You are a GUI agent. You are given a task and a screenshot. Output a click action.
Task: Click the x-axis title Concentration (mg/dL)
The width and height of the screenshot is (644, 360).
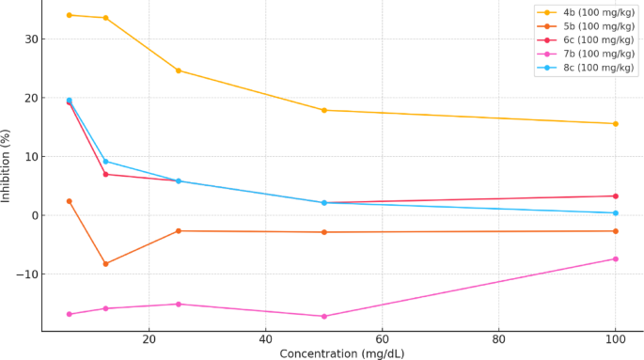pos(342,353)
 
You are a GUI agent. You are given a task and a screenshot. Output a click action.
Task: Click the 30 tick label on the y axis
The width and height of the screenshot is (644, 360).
pos(30,39)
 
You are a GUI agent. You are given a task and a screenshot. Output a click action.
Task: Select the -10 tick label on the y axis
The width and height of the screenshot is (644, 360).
pos(26,274)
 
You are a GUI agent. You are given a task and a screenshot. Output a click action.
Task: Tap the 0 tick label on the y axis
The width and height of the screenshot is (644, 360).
pos(33,215)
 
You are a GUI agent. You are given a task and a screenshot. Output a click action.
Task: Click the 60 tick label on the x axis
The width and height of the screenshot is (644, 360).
pos(382,338)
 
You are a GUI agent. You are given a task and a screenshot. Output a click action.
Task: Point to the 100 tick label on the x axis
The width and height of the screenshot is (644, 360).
pos(615,338)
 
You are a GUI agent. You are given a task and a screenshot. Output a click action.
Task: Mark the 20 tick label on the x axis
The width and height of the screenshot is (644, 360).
pos(149,338)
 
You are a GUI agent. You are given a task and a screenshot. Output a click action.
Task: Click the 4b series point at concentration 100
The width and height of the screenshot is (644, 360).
pos(615,123)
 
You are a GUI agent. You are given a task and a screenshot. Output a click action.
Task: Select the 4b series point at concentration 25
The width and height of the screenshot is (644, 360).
pos(178,70)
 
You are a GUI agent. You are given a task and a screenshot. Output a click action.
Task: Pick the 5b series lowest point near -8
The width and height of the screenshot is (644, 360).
pos(105,264)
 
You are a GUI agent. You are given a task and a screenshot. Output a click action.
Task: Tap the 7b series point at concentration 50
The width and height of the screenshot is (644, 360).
pos(323,316)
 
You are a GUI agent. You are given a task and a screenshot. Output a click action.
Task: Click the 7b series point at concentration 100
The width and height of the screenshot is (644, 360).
pos(615,258)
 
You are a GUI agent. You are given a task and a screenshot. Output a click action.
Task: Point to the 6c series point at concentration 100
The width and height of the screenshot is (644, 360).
pos(615,196)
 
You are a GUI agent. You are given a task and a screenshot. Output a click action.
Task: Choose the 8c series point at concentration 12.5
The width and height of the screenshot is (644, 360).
pos(105,162)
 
